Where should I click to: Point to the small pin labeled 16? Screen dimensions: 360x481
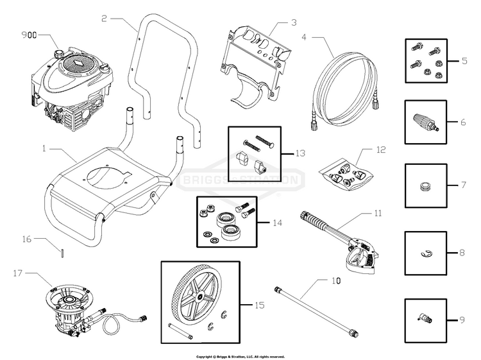point(62,252)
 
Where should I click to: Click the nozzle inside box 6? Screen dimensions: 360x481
point(425,121)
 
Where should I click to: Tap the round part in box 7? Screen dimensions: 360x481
point(424,185)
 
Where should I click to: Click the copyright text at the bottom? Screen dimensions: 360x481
point(240,356)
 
